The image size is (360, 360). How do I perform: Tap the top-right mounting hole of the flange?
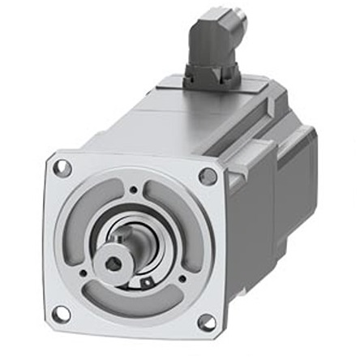click(x=208, y=177)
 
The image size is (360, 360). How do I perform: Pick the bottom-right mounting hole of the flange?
click(x=207, y=322)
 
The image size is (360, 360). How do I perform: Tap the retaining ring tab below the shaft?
click(x=147, y=283)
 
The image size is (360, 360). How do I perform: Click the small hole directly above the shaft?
click(x=133, y=191)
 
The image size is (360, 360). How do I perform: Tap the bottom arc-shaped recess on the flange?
click(x=130, y=304)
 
